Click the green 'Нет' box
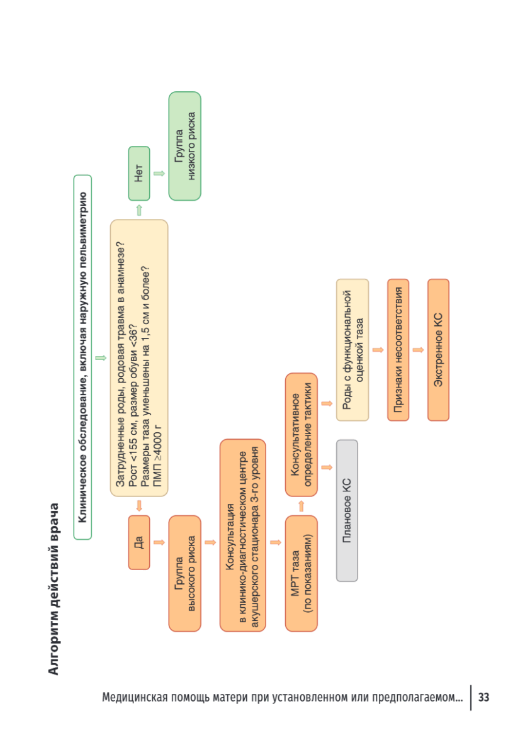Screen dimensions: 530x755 tap(139, 174)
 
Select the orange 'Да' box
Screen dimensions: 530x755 tap(139, 542)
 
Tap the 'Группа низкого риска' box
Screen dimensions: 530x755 tap(185, 146)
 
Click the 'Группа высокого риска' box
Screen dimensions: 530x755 tap(185, 573)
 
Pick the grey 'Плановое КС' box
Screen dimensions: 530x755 tap(347, 510)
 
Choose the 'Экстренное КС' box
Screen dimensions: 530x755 tap(438, 350)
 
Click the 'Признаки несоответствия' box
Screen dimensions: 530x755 tap(398, 350)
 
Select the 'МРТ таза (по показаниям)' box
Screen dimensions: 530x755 tap(302, 573)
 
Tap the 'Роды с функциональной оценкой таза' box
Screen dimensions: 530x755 tap(352, 350)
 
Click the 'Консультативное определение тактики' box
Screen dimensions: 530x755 tap(302, 435)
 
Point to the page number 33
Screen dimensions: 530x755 tap(484, 697)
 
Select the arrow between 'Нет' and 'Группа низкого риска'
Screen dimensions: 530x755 tap(159, 174)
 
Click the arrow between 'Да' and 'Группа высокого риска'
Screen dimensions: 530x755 tap(159, 542)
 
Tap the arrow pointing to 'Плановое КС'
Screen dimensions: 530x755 tap(327, 467)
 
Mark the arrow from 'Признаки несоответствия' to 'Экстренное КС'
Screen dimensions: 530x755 tap(418, 350)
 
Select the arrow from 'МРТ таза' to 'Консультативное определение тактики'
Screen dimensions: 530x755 tap(302, 506)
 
